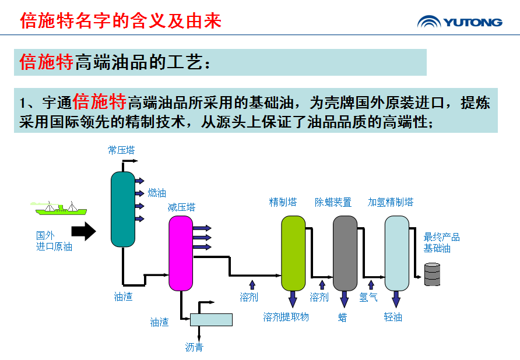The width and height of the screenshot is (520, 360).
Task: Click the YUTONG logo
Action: click(459, 22)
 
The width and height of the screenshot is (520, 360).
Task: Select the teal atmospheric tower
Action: click(123, 209)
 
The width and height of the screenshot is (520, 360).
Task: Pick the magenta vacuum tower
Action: click(181, 253)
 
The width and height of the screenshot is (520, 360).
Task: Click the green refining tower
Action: click(293, 253)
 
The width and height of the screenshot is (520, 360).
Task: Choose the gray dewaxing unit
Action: click(345, 253)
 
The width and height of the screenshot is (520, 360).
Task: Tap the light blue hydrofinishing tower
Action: click(396, 253)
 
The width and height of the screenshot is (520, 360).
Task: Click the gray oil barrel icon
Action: click(432, 274)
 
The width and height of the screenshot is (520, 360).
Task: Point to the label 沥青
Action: click(194, 348)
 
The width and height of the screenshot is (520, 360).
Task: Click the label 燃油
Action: click(157, 193)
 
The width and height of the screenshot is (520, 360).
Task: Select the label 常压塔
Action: click(121, 150)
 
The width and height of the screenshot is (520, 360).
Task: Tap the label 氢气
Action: click(368, 298)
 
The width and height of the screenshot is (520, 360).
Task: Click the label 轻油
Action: click(393, 317)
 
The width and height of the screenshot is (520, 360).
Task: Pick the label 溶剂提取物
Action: click(286, 317)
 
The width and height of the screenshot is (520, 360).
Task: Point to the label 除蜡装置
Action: click(333, 202)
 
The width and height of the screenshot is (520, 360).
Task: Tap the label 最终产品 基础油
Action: click(441, 243)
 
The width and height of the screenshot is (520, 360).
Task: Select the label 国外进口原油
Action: click(54, 241)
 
